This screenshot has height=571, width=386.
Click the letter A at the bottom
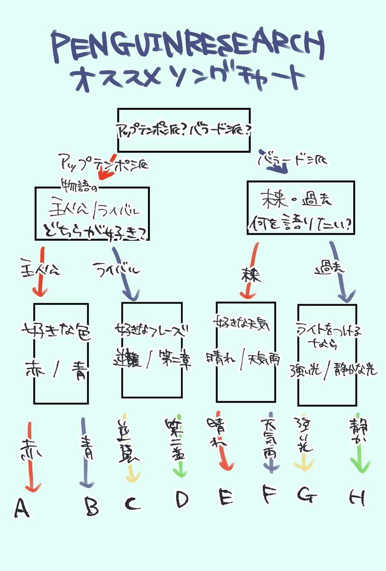(22, 507)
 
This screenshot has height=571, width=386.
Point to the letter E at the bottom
(226, 497)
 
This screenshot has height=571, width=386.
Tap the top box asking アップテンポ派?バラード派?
(183, 130)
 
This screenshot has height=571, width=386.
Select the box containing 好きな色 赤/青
(61, 353)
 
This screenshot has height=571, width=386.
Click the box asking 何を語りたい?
(301, 207)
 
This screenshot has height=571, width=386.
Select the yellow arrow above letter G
(301, 452)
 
